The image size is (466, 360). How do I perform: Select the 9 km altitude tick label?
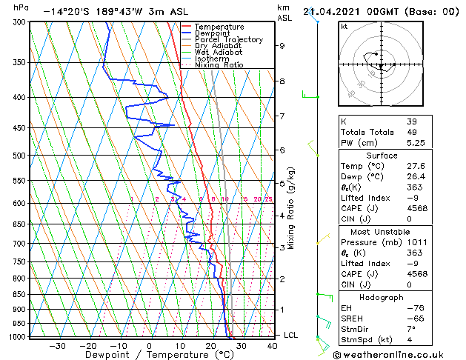click(282, 46)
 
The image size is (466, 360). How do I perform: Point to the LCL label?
click(292, 335)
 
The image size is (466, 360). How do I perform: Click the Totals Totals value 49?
click(412, 132)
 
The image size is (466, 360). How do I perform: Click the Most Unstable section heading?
click(381, 233)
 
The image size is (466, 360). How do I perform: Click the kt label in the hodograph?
click(344, 27)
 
